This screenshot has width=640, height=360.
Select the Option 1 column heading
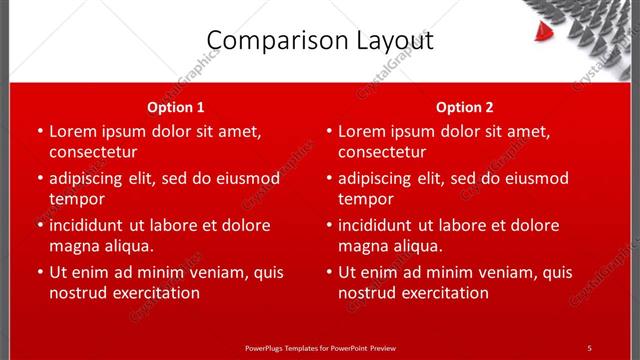pos(176,107)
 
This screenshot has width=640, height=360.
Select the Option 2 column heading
pos(465,107)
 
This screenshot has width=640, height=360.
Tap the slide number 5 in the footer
pos(589,348)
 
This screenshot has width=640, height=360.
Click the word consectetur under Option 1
pos(93,152)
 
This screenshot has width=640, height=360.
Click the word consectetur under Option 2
pos(382,152)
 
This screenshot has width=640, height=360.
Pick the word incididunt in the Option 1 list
pos(90,225)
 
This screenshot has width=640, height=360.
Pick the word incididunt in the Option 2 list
pos(379,225)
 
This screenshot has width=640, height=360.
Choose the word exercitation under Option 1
pos(155,293)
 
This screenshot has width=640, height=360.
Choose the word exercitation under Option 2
pos(444,293)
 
